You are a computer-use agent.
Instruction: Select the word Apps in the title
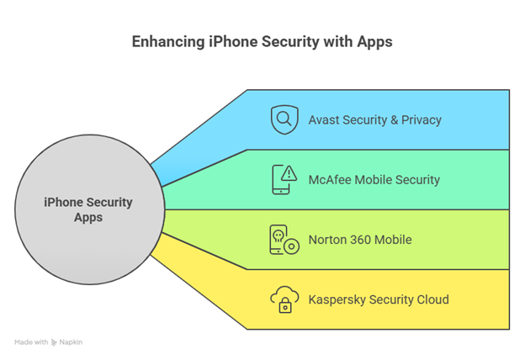375,42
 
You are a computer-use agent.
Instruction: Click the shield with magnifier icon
284,119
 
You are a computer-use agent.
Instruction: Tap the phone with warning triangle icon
284,179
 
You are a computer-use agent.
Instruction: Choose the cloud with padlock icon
284,299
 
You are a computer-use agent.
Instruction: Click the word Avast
326,119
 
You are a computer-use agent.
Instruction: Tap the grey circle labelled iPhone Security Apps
87,209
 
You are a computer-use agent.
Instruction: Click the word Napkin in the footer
72,342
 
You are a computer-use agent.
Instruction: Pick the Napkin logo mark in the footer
54,342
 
